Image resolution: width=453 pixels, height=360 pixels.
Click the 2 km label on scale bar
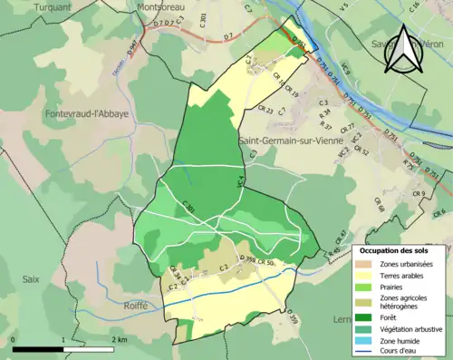[x=118, y=338]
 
